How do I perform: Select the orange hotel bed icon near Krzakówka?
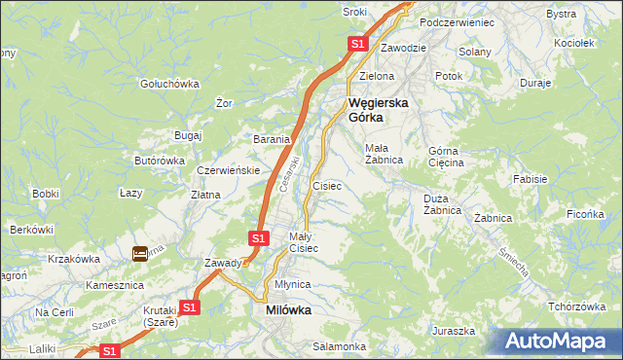click(140, 254)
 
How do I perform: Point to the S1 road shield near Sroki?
click(357, 44)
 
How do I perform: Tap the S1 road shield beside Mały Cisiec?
click(258, 237)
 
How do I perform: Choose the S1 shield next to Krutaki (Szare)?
click(190, 306)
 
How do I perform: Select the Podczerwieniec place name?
click(457, 22)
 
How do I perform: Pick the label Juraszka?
click(455, 331)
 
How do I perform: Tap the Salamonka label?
click(339, 346)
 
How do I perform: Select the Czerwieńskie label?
click(227, 170)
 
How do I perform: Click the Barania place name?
click(273, 139)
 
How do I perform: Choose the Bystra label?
click(561, 14)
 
